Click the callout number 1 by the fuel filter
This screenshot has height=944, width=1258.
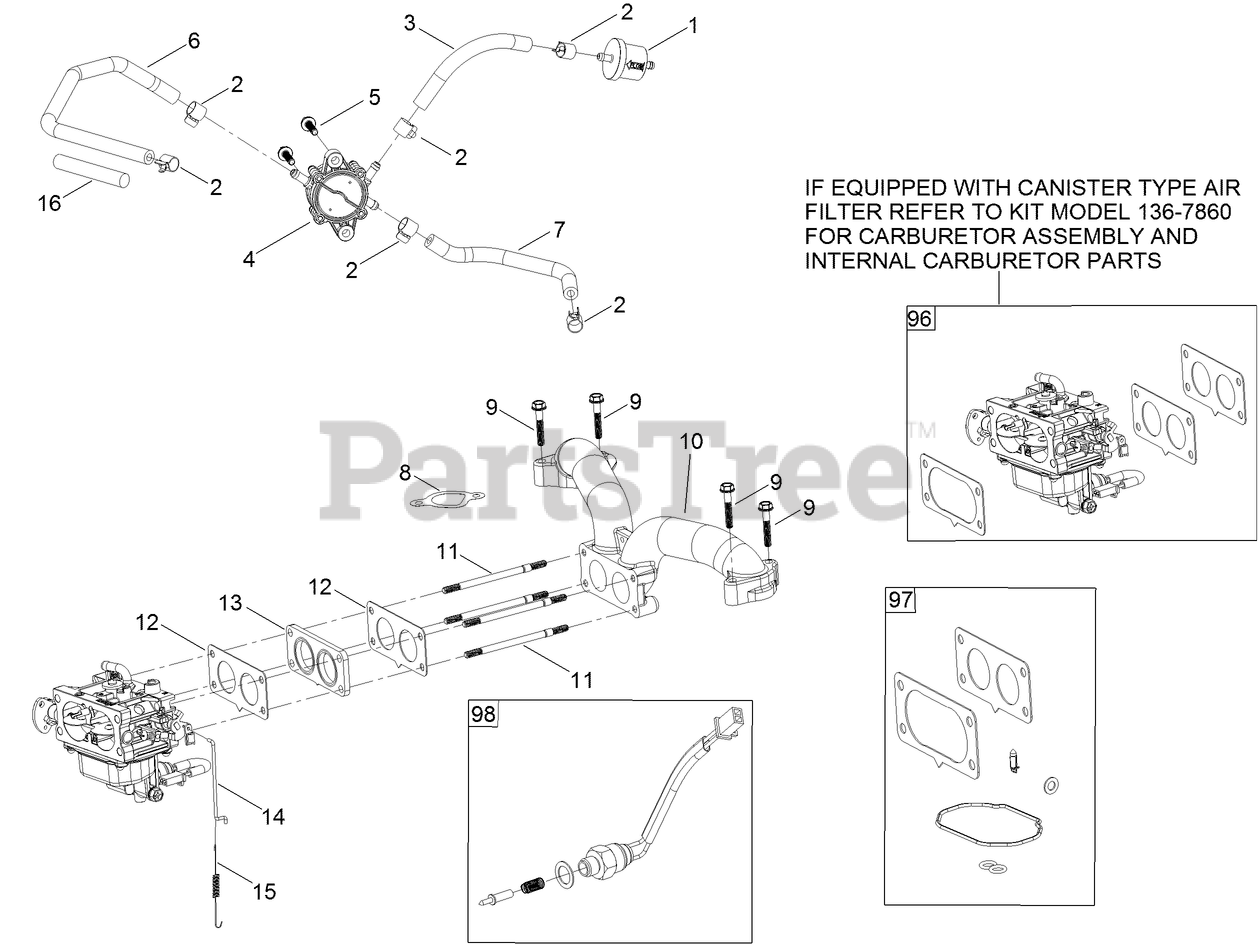tap(693, 26)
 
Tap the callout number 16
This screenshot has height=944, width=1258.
tap(49, 203)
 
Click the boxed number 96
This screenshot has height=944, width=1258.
tap(920, 318)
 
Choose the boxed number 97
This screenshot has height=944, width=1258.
tap(900, 601)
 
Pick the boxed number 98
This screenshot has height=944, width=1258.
tap(483, 714)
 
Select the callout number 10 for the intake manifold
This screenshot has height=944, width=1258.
tap(691, 441)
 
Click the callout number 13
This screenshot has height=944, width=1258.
tap(230, 603)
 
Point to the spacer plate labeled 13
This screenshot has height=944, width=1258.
tap(318, 660)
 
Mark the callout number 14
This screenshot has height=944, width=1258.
tap(273, 817)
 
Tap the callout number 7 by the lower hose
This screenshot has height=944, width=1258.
tap(559, 230)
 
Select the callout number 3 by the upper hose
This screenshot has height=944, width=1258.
tap(409, 23)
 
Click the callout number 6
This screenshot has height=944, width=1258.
tap(194, 41)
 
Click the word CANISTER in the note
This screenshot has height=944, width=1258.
tap(1072, 188)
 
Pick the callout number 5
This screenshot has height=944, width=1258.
tap(374, 97)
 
